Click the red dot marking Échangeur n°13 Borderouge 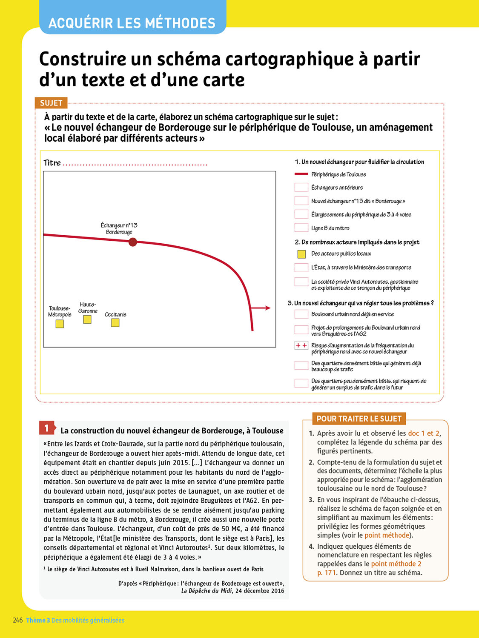point(133,242)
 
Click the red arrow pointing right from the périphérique point(260,308)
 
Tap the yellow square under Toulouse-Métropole point(60,324)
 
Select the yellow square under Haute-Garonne point(87,319)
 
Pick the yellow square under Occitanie point(115,322)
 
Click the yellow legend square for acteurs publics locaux point(301,254)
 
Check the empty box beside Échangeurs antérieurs point(301,188)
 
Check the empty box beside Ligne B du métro point(301,228)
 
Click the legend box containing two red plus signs point(301,345)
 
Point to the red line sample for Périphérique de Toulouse point(301,174)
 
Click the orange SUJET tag point(51,103)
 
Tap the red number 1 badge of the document point(47,428)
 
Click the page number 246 point(18,620)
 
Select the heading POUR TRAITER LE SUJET point(359,419)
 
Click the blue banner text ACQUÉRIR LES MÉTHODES point(132,23)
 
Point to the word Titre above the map point(52,163)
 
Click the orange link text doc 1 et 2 point(424,433)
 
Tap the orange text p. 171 point(326,572)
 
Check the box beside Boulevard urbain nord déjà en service point(301,314)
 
